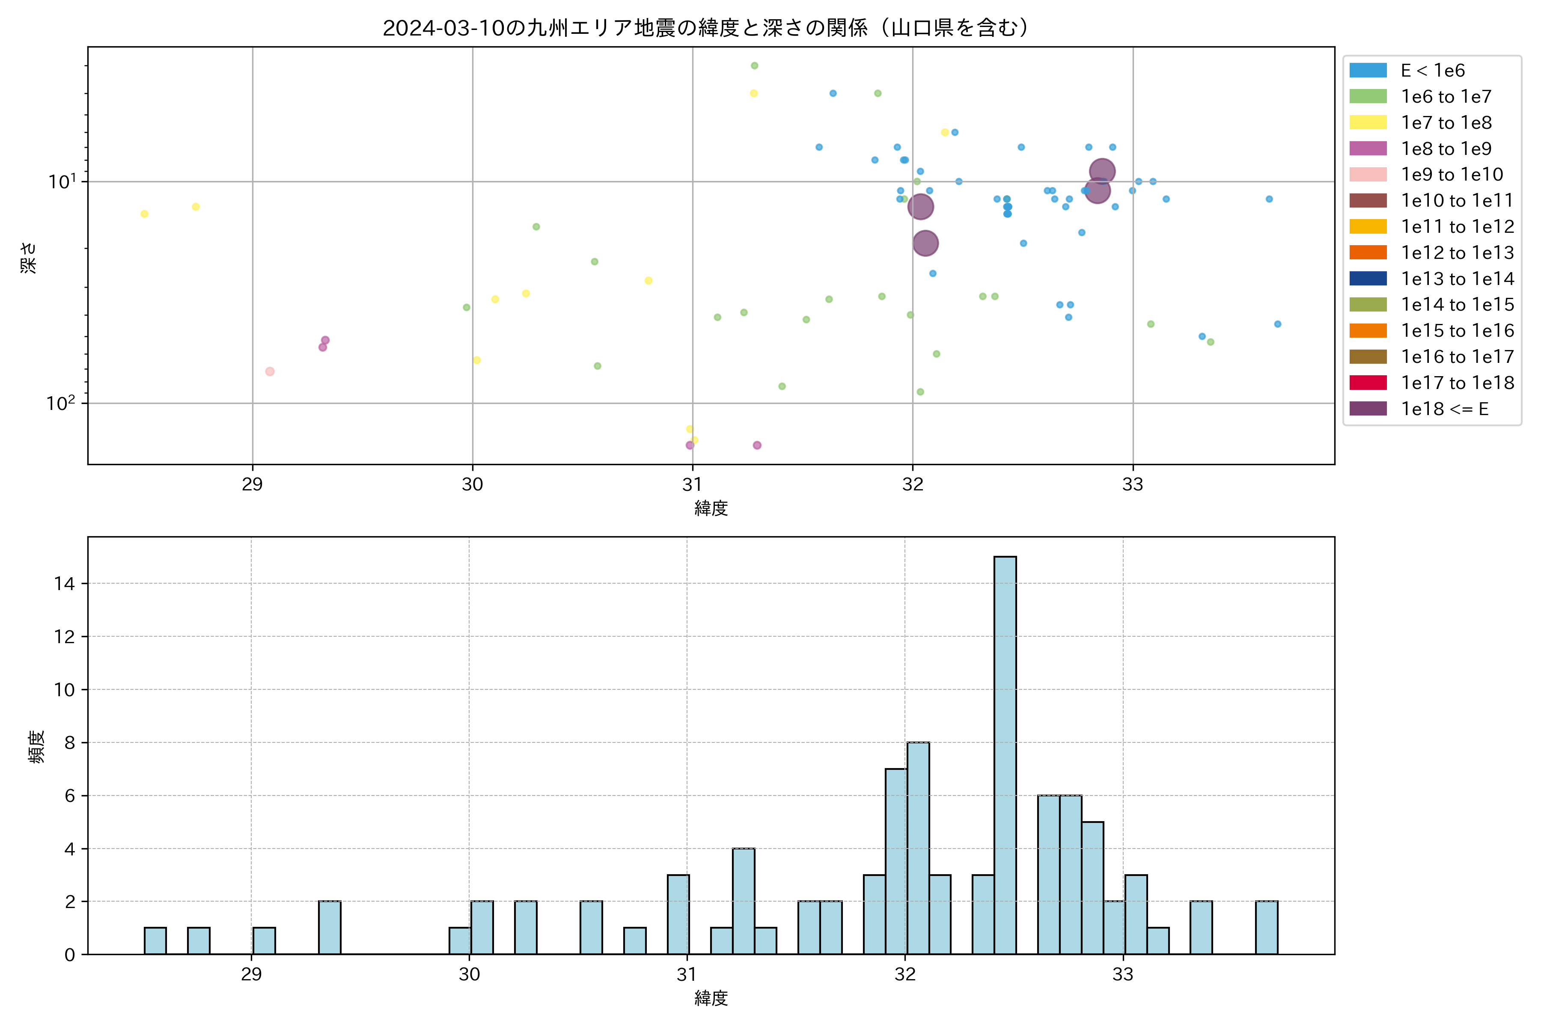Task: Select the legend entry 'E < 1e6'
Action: coord(1432,71)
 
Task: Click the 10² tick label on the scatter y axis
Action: coord(61,403)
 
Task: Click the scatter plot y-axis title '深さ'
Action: coord(29,258)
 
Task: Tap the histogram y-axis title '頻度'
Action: coord(37,747)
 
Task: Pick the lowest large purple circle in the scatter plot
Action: coord(925,243)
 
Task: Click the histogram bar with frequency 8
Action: coord(918,848)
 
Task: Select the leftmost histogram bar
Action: coord(155,941)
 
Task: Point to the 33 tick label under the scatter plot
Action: coord(1132,485)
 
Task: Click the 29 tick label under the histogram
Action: coord(252,975)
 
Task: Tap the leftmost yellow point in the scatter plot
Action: coord(144,214)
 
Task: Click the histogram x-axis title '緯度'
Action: coord(711,998)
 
